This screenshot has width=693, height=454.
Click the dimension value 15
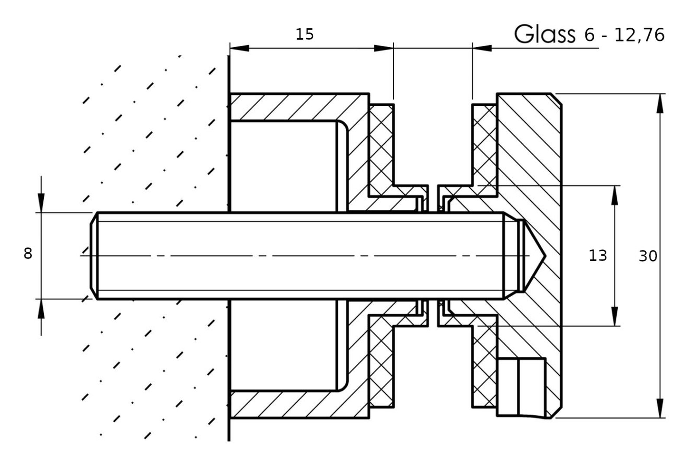(x=304, y=34)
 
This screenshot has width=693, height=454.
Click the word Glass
(x=544, y=34)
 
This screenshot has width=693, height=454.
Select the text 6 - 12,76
(x=624, y=35)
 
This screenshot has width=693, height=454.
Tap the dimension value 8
(x=28, y=254)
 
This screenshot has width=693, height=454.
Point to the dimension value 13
(x=598, y=256)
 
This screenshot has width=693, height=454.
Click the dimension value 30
(x=648, y=257)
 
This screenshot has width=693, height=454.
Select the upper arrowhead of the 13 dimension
(x=614, y=195)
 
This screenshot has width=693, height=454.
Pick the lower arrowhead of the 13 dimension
(x=614, y=316)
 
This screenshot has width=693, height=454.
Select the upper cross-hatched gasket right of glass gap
(x=484, y=143)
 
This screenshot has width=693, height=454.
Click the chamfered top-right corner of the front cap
(x=556, y=98)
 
